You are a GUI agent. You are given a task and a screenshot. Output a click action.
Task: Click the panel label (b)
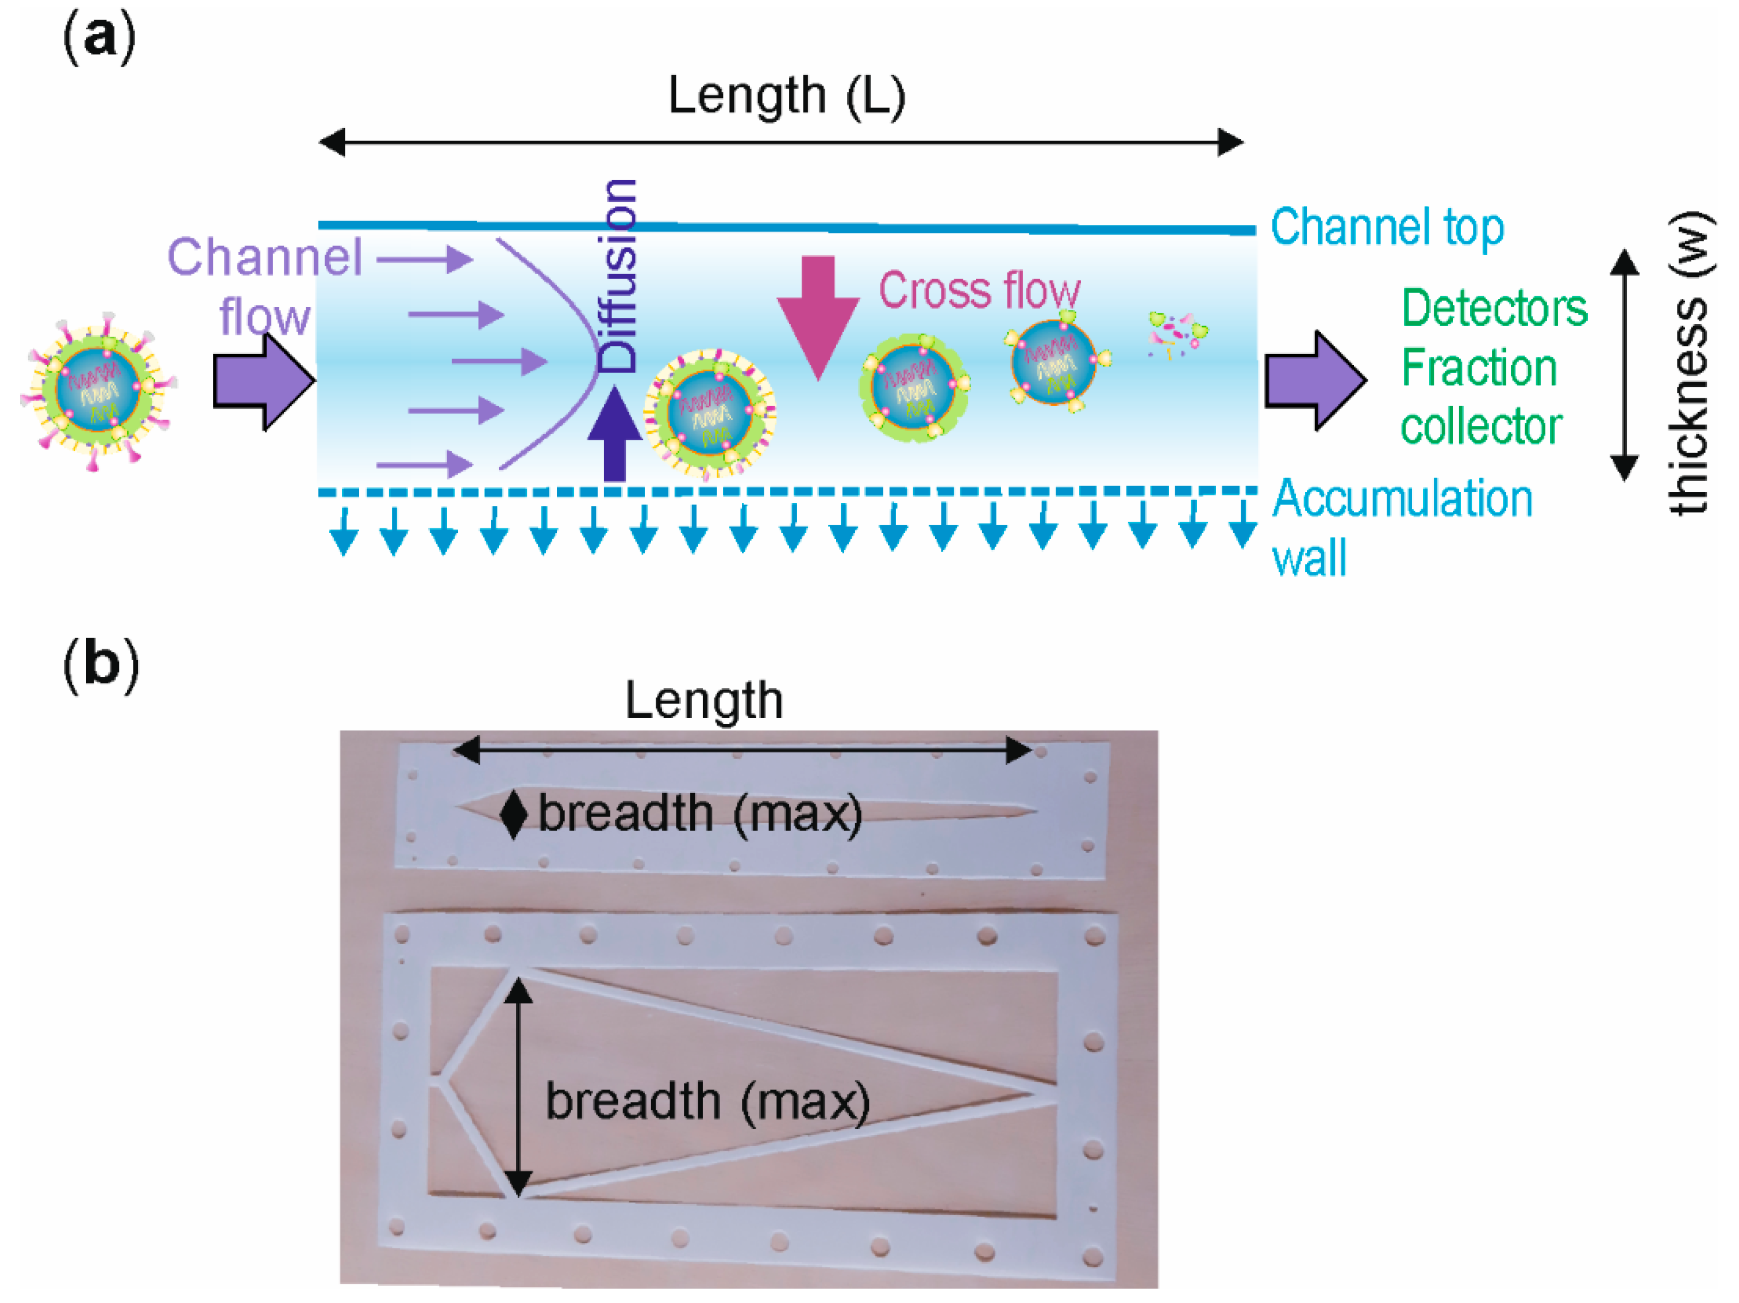(x=101, y=664)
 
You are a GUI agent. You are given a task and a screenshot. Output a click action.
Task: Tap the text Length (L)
(x=786, y=96)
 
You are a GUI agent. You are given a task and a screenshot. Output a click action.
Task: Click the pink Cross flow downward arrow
(x=818, y=314)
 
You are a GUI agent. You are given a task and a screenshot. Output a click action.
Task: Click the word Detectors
(x=1494, y=308)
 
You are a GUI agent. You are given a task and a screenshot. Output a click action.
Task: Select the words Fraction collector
(x=1480, y=397)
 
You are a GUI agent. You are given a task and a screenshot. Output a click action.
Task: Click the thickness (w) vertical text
(x=1688, y=363)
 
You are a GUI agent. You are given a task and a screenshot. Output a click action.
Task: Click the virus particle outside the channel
(x=98, y=390)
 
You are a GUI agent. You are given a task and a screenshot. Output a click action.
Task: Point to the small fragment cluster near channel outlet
(x=1177, y=333)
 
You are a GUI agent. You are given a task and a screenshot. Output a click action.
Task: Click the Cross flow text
(x=979, y=290)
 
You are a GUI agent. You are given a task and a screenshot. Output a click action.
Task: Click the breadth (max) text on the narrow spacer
(x=700, y=814)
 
